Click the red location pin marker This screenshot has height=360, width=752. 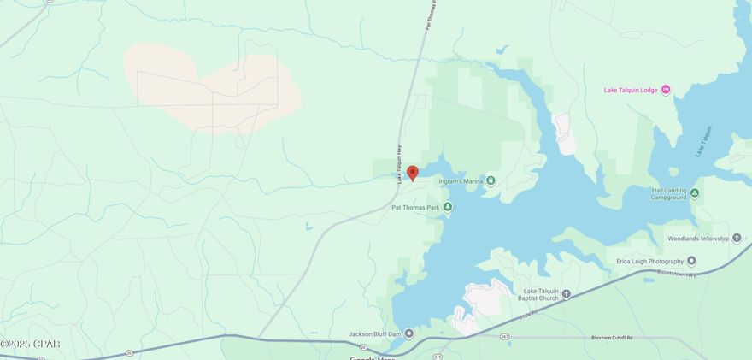click(x=412, y=173)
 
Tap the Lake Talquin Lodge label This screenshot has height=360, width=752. click(x=631, y=90)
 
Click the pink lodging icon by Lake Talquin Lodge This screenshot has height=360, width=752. click(x=666, y=90)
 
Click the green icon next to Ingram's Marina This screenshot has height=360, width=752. click(x=491, y=181)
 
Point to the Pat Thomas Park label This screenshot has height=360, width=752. click(x=414, y=207)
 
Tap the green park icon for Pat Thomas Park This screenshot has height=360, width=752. click(x=447, y=207)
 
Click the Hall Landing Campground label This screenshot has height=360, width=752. click(x=669, y=193)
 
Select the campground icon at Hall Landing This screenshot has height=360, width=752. click(x=695, y=193)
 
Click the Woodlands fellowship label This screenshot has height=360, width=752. click(x=698, y=238)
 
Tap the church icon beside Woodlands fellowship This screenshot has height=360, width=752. click(x=737, y=238)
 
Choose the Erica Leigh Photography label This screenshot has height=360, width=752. click(x=649, y=261)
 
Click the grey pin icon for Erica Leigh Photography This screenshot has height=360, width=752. click(x=690, y=261)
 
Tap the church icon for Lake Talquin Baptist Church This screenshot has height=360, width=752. click(x=566, y=294)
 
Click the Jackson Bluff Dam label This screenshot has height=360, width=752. click(x=375, y=333)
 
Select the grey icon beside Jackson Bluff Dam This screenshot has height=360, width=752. click(x=409, y=333)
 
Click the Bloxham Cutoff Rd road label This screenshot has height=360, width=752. click(x=612, y=338)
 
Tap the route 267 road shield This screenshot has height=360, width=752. click(x=504, y=337)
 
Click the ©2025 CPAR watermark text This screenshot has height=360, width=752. click(x=30, y=344)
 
